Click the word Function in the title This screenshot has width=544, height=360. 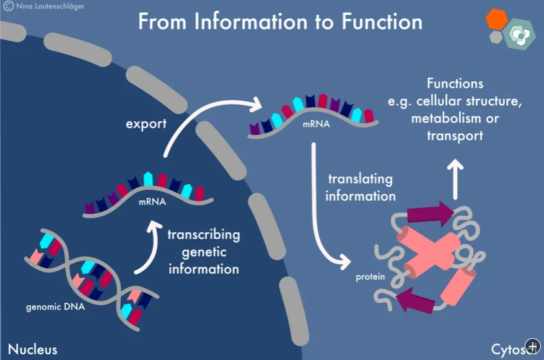coord(382,21)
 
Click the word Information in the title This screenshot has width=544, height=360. coord(251,21)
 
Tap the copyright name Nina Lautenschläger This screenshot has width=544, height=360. coord(50,6)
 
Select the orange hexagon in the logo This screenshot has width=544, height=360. coord(496,19)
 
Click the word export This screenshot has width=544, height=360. coord(146,124)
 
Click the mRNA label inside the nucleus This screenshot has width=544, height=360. coord(152,201)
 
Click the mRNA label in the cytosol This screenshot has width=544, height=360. coord(316,124)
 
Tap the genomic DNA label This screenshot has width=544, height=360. coord(55,307)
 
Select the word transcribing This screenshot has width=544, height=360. coord(204,235)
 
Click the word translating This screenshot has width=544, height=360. coord(360,180)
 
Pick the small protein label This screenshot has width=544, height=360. coord(370,277)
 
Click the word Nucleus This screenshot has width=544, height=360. coord(33,349)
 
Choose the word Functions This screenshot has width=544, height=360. coord(455,83)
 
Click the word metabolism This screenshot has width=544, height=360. coord(446,119)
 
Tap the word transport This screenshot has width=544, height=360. coord(455,136)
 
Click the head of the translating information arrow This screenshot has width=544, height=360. coord(345,262)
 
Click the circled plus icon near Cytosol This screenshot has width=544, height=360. coord(533,346)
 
